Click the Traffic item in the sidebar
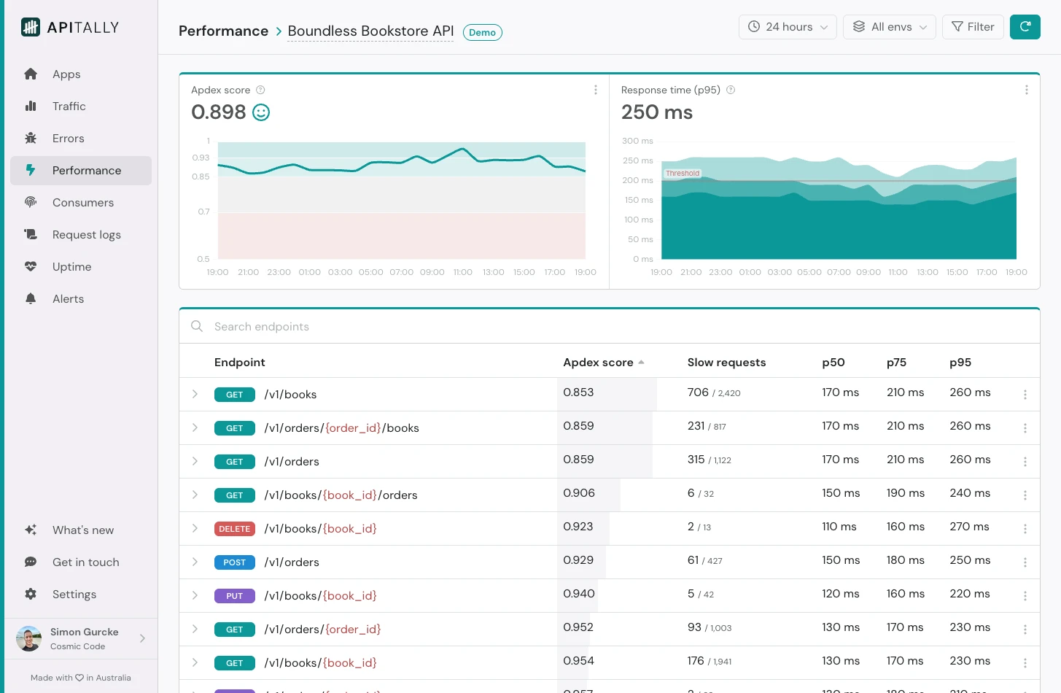click(x=69, y=107)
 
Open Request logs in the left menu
click(x=86, y=235)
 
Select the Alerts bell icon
click(x=31, y=299)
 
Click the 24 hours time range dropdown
click(x=788, y=27)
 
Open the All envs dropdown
click(x=889, y=27)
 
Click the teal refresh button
click(x=1025, y=27)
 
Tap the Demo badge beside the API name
click(x=482, y=32)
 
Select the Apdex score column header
click(x=599, y=363)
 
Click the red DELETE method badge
click(x=234, y=529)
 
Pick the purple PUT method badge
click(x=234, y=596)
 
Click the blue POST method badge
click(x=234, y=562)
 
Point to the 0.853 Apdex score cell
click(x=578, y=392)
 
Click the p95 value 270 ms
click(x=969, y=527)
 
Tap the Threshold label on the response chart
click(x=683, y=174)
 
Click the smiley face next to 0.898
click(x=261, y=112)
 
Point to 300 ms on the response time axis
click(x=637, y=141)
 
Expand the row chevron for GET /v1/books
click(x=195, y=394)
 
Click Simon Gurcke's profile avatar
click(x=29, y=638)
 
